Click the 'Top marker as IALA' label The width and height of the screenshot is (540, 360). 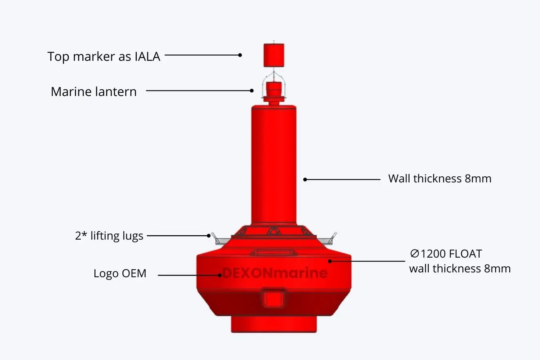point(104,56)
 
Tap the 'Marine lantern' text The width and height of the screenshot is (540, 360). point(94,92)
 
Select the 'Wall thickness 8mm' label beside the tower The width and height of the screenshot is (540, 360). point(440,178)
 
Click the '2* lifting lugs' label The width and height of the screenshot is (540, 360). point(109,236)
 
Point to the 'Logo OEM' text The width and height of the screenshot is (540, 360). point(120,274)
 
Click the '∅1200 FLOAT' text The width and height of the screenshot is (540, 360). point(446,254)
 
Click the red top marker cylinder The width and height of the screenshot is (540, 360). point(274,55)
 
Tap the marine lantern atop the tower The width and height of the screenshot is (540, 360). point(274,90)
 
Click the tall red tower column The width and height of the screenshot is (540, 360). point(274,164)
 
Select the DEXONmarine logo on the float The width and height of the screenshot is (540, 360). point(274,273)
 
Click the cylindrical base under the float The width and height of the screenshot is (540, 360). point(274,324)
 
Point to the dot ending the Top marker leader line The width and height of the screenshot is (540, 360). point(240,55)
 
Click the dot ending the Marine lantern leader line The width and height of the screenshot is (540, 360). point(252,91)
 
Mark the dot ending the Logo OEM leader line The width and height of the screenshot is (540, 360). point(220,275)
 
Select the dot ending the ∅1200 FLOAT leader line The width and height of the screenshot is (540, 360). point(330,261)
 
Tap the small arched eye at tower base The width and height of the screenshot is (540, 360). point(274,231)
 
